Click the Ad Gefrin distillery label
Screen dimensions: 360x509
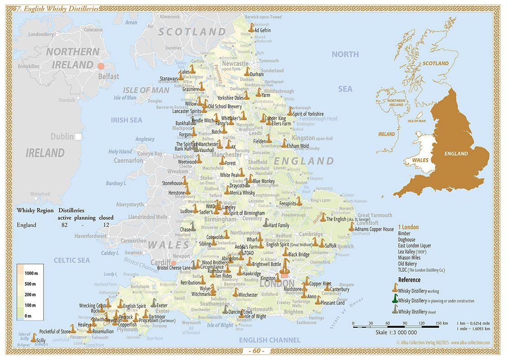(x=262, y=30)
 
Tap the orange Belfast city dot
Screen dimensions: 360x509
(x=101, y=66)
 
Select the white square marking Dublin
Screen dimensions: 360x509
(x=78, y=136)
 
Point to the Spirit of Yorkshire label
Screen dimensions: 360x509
(x=308, y=114)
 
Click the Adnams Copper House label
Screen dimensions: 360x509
(x=374, y=229)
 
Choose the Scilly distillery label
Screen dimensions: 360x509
(x=41, y=340)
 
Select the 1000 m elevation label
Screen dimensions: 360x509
(x=31, y=273)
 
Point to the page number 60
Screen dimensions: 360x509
(x=257, y=351)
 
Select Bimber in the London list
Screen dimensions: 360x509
(x=404, y=234)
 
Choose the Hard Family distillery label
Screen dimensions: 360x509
(x=279, y=225)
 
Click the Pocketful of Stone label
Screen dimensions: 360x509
(x=55, y=331)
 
